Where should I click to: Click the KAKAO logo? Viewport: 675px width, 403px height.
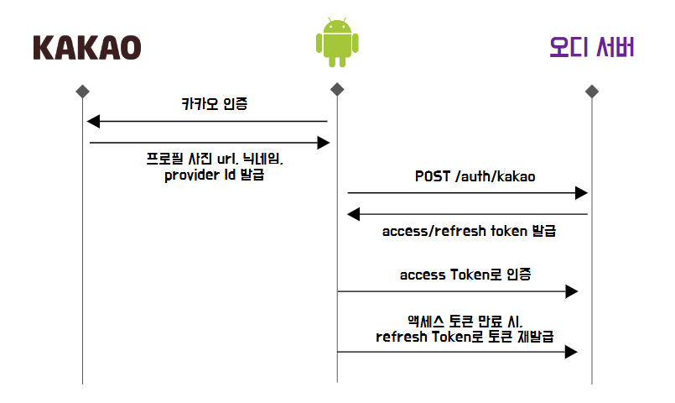[x=87, y=47]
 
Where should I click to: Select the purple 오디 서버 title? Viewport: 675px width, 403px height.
[x=592, y=46]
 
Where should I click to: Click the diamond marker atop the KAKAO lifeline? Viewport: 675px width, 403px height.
[x=82, y=90]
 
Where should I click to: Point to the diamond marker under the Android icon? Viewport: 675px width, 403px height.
[x=337, y=90]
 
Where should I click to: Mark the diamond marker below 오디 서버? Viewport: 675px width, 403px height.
[x=592, y=90]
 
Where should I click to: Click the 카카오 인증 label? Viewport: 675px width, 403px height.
[x=215, y=105]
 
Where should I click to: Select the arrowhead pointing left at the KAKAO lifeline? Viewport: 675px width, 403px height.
[x=94, y=122]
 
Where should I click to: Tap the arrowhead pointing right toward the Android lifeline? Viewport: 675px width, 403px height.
[x=324, y=144]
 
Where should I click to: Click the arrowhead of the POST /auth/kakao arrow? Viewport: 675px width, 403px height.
[x=581, y=194]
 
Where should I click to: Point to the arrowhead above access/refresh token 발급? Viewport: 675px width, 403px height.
[x=355, y=214]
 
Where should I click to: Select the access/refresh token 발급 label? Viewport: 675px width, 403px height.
[x=469, y=231]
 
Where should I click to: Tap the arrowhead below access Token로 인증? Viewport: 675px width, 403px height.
[x=572, y=291]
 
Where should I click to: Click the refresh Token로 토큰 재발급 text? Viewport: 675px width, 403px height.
[x=465, y=335]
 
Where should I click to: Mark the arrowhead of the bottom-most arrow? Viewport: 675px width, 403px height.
[x=572, y=352]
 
